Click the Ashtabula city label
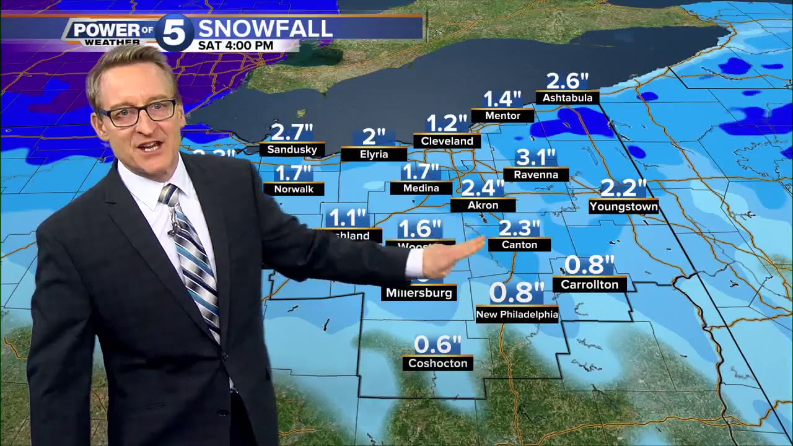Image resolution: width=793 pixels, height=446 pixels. click(x=567, y=98)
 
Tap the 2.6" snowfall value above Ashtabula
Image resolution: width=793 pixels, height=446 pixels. click(x=567, y=81)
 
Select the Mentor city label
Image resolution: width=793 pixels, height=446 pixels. click(x=502, y=116)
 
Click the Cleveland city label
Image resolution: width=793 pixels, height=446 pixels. click(x=447, y=141)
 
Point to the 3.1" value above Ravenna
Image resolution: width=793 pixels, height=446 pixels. click(x=536, y=157)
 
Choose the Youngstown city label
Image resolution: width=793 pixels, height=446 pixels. click(x=623, y=206)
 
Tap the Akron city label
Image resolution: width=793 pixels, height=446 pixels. click(x=483, y=205)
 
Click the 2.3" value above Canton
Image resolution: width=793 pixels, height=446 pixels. click(x=519, y=228)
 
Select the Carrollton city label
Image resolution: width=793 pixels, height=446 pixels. click(x=589, y=284)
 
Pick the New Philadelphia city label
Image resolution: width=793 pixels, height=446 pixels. click(x=517, y=315)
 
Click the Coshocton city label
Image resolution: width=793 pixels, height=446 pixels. click(x=437, y=363)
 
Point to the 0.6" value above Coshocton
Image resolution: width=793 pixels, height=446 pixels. click(x=437, y=344)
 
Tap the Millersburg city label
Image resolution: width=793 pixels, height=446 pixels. click(x=419, y=292)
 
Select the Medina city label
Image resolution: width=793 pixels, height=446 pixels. click(x=421, y=188)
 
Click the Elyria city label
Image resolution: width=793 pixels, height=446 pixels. click(x=374, y=154)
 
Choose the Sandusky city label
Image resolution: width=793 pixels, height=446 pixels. click(x=292, y=149)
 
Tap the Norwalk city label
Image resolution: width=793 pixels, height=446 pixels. click(x=294, y=189)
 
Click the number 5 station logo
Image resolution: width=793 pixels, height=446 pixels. click(x=175, y=32)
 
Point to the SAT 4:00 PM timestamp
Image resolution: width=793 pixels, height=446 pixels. click(x=235, y=46)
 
